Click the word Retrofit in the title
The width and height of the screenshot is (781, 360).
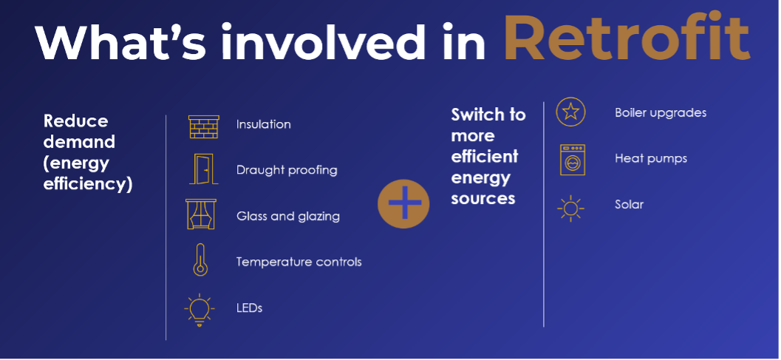(627, 37)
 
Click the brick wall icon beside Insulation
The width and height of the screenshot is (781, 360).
(204, 126)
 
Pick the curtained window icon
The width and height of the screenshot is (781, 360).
(201, 214)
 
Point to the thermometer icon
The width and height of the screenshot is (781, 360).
(200, 259)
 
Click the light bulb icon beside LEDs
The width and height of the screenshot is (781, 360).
(199, 310)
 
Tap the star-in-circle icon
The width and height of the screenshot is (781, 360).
(570, 112)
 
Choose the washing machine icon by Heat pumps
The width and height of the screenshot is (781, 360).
(573, 160)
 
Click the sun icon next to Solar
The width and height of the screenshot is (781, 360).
(570, 208)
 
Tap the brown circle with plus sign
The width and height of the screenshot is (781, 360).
(403, 203)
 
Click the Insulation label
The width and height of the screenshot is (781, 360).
(264, 124)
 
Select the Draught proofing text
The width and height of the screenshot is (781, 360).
(287, 171)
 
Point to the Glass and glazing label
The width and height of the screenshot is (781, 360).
(288, 217)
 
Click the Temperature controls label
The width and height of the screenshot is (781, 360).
(299, 262)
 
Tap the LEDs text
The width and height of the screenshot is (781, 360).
(249, 308)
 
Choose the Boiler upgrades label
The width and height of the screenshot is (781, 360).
(661, 112)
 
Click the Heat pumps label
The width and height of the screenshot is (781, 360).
(651, 159)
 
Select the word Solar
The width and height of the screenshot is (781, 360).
(629, 205)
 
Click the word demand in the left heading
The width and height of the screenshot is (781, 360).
(79, 142)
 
